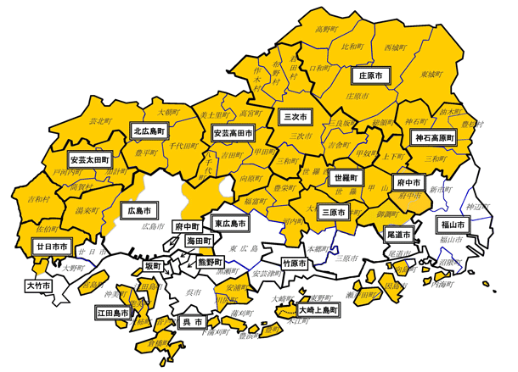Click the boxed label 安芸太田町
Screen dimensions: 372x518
coord(91,159)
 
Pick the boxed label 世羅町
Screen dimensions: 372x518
coord(346,179)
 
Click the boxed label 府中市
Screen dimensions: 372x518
coord(410,183)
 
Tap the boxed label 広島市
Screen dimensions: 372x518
coord(138,209)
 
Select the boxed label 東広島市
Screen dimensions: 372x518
coord(231,225)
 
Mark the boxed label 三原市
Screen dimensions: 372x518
coord(331,214)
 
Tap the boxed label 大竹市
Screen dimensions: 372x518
coord(37,286)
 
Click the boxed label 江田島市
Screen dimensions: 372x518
coord(113,314)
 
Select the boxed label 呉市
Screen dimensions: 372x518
coord(193,322)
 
